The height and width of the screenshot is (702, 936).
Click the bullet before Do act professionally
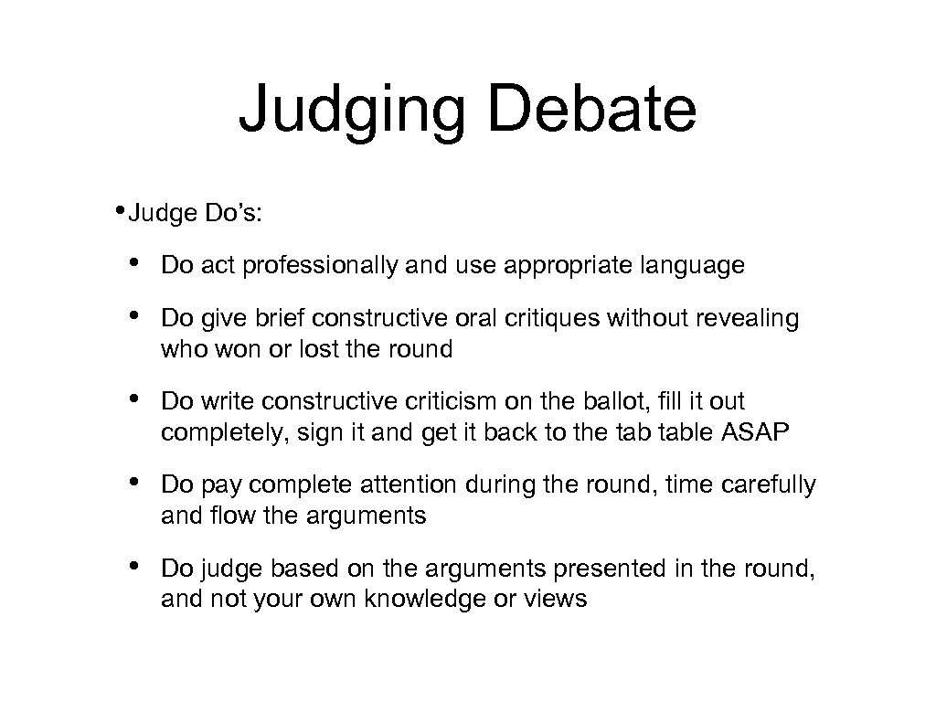tap(133, 265)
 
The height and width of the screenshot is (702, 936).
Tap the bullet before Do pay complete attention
tap(133, 484)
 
